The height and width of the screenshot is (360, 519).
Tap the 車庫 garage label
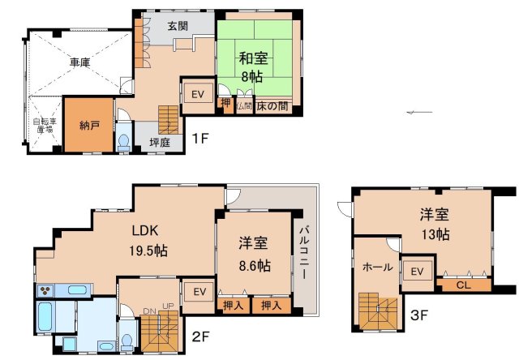point(79,62)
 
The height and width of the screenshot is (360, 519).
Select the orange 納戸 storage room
point(88,126)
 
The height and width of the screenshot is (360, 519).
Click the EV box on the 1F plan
point(198,95)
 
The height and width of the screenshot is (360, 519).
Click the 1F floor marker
point(201,138)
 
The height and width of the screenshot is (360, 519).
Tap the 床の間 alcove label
point(272,106)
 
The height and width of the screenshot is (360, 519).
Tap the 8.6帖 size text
point(254,265)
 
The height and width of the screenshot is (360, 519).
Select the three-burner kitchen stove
point(45,290)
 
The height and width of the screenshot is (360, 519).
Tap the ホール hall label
point(377,267)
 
